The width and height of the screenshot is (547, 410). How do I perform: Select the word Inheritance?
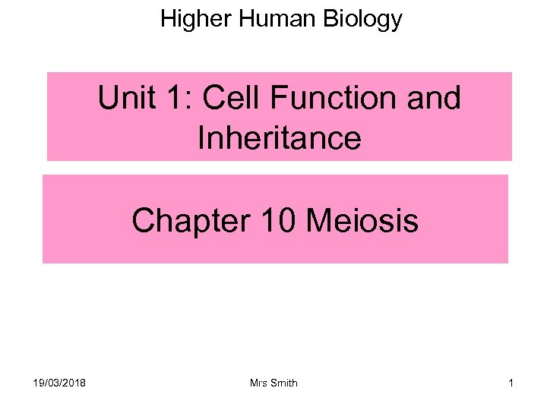279,138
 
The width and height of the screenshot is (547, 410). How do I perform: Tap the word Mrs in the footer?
260,383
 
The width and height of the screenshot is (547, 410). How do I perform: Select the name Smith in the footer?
284,383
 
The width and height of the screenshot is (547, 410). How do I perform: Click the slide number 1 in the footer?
511,383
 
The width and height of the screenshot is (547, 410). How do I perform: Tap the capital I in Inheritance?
201,138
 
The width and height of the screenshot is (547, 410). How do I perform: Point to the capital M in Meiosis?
318,221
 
